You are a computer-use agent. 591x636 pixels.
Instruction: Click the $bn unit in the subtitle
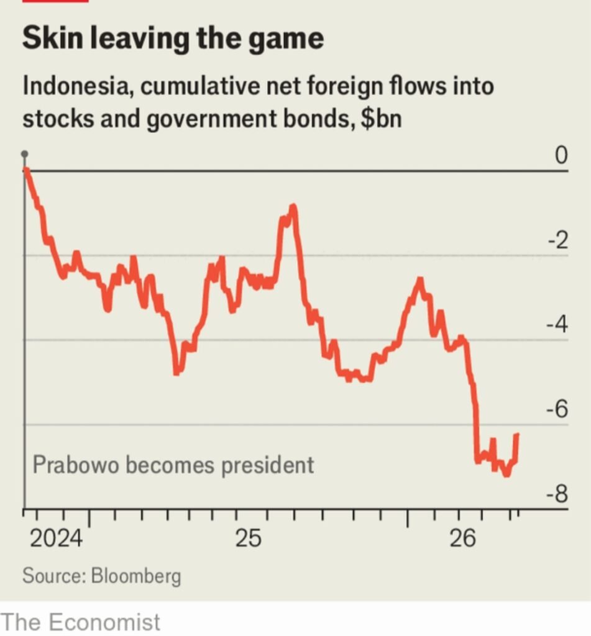381,119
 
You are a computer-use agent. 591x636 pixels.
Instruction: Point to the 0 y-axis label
561,155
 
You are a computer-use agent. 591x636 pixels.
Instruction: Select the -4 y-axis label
557,325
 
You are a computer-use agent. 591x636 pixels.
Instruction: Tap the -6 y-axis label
557,409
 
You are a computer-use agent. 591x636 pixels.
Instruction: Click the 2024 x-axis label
56,538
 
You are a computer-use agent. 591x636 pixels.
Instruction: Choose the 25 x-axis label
249,538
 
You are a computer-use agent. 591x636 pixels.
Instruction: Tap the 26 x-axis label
462,538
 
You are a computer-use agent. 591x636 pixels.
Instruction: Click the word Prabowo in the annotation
75,465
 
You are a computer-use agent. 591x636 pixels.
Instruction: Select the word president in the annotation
267,466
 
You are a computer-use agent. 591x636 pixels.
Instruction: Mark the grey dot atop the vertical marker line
25,154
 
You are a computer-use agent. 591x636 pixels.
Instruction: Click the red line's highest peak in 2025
293,207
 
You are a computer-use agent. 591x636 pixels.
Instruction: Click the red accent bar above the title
55,1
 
